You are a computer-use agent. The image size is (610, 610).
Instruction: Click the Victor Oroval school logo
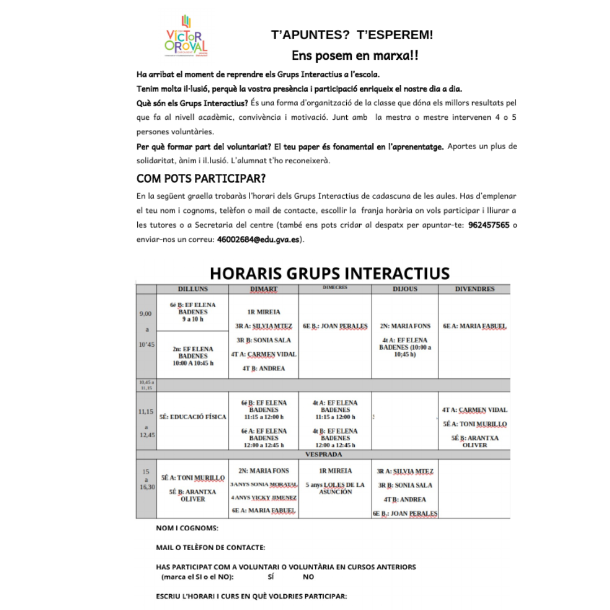click(x=186, y=37)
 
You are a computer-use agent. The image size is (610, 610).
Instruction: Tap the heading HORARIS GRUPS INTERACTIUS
click(x=329, y=273)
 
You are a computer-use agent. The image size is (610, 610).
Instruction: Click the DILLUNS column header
click(x=193, y=289)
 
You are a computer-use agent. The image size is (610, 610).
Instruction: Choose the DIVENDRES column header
click(x=474, y=289)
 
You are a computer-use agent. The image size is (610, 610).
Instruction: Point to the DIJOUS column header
click(x=404, y=289)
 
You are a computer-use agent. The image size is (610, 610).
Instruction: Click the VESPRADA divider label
click(x=323, y=454)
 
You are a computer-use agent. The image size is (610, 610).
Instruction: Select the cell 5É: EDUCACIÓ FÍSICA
click(x=193, y=417)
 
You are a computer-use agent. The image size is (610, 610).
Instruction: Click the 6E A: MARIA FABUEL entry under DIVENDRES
click(x=474, y=326)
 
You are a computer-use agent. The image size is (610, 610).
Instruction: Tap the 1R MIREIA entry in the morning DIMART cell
click(x=264, y=312)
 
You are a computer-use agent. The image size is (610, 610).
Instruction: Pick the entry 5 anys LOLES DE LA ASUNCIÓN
click(x=335, y=489)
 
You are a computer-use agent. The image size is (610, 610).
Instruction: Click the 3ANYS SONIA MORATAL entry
click(x=264, y=485)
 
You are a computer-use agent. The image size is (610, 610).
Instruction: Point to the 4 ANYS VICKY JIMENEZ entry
click(x=264, y=498)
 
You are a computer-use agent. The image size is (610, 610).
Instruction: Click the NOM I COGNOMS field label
click(x=187, y=529)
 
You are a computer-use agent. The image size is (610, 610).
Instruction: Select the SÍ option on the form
click(x=271, y=577)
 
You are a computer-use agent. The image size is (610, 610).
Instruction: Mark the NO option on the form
click(x=308, y=577)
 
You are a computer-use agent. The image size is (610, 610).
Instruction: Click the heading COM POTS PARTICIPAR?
click(x=201, y=179)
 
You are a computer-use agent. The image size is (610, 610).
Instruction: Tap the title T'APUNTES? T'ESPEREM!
click(x=352, y=35)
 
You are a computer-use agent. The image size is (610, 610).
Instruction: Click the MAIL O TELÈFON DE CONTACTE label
click(x=210, y=547)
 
